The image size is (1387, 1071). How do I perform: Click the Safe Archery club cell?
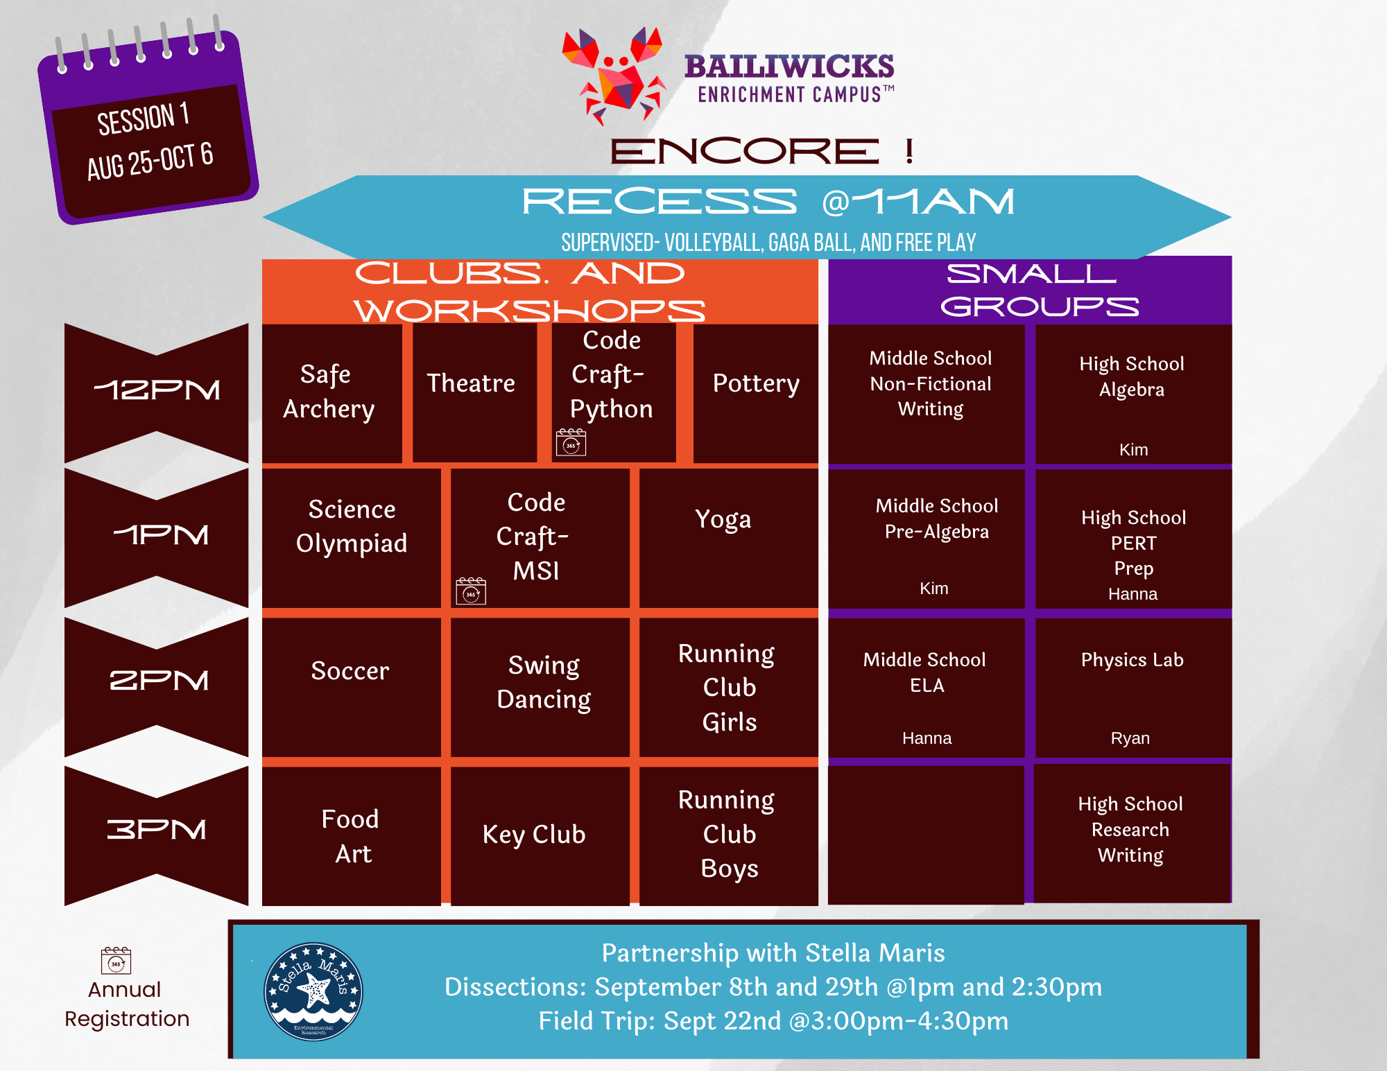(331, 393)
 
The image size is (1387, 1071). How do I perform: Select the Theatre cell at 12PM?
(474, 393)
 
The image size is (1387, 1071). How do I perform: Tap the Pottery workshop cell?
(755, 393)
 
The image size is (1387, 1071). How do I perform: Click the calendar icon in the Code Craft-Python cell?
(571, 442)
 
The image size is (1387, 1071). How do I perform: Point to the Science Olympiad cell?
(351, 538)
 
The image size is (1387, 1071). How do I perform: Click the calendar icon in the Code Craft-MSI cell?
(471, 591)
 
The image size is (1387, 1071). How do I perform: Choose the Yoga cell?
(728, 538)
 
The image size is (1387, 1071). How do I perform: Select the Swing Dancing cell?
(540, 687)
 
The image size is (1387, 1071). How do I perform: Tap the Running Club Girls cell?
(728, 687)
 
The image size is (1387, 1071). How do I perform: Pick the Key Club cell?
(540, 836)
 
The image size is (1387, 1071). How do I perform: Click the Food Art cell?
(351, 836)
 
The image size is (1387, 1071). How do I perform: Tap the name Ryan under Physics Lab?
(1130, 738)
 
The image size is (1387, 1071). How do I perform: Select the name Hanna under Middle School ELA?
(927, 738)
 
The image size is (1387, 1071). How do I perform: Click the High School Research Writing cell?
(1132, 833)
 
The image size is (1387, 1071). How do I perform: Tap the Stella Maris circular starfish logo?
(313, 991)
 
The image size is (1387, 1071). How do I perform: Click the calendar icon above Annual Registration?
(116, 960)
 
